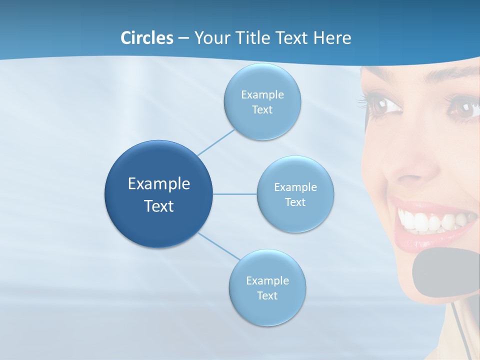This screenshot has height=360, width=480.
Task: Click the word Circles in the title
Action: [x=146, y=38]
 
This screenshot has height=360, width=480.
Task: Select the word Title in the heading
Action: [x=249, y=38]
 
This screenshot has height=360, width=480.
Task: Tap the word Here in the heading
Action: [x=332, y=38]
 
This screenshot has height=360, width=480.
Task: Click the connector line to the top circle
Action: [x=216, y=142]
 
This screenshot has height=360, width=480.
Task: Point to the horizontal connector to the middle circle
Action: [x=235, y=194]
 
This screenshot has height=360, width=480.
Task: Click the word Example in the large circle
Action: [x=159, y=184]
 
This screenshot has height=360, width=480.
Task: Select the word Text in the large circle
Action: [x=159, y=206]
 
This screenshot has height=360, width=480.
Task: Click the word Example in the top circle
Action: [x=262, y=95]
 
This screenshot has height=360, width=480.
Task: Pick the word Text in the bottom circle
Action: [x=267, y=295]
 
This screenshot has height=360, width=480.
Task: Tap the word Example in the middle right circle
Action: [x=295, y=187]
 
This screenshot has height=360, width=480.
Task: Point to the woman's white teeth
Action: [x=430, y=220]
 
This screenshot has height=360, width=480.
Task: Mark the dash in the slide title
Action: [x=183, y=38]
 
